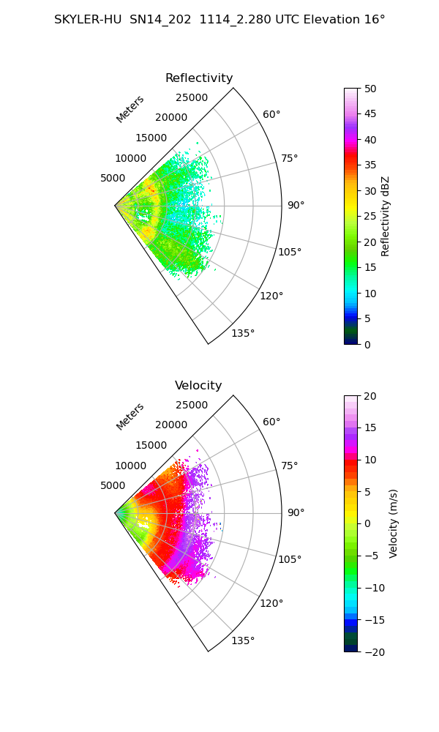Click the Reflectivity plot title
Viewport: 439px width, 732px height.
tap(199, 78)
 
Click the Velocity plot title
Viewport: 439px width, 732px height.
tap(198, 386)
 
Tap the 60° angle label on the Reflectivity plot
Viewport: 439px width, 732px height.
tap(271, 114)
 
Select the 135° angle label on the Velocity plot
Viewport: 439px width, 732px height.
tap(243, 640)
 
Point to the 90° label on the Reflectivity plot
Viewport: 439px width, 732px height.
tap(296, 205)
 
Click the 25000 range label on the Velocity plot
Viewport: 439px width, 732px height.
tap(192, 406)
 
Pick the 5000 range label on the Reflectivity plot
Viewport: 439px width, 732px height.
tap(113, 179)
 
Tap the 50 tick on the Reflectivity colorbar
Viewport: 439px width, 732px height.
tap(370, 89)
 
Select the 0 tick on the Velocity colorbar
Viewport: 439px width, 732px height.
tap(367, 524)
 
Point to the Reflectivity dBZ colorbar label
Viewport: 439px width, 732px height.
tap(385, 216)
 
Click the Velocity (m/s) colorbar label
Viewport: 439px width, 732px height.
tap(394, 523)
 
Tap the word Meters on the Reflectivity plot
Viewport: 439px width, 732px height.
tap(130, 109)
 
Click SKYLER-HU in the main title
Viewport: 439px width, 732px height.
tap(88, 20)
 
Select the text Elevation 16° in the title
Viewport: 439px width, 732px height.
tap(345, 20)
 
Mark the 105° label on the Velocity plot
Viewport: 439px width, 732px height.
tap(290, 559)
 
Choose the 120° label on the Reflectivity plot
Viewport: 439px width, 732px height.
tap(271, 296)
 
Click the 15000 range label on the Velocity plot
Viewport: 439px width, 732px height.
tap(151, 445)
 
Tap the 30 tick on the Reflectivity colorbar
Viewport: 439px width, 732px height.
tap(370, 191)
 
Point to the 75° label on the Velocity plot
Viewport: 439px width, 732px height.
tap(289, 466)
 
